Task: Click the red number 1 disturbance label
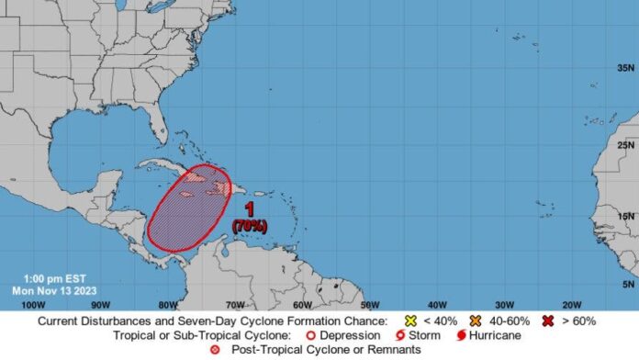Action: (249, 209)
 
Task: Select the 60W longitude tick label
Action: (303, 304)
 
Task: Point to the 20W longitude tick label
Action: (571, 304)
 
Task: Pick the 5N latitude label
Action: (627, 284)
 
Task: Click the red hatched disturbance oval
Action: (188, 209)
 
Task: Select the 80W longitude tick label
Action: (167, 304)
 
